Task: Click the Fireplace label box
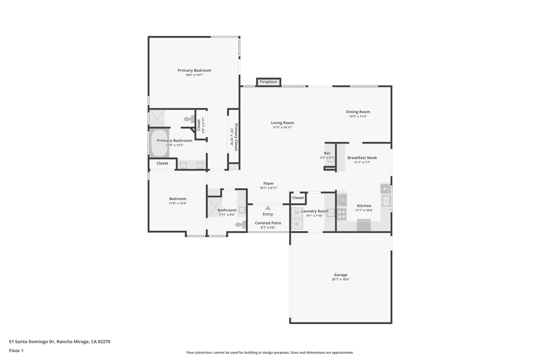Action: [x=268, y=82]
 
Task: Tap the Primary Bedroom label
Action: [x=194, y=70]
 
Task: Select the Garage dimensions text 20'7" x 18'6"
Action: [x=341, y=279]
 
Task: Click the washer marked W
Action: [x=297, y=213]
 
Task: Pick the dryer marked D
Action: [x=297, y=225]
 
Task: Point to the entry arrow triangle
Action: [x=268, y=208]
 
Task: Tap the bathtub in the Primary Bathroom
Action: [x=159, y=143]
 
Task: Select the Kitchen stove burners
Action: [x=342, y=214]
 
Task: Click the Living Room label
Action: [x=283, y=122]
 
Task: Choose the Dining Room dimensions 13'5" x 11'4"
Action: [x=358, y=116]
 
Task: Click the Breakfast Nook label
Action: [x=362, y=158]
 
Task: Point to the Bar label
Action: [x=327, y=153]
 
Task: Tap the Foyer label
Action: [x=268, y=183]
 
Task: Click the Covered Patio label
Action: [x=268, y=223]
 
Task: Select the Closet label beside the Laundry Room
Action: [x=298, y=198]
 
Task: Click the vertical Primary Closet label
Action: [x=236, y=137]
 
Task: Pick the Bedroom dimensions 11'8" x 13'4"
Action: [x=178, y=203]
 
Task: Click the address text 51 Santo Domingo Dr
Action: [x=32, y=342]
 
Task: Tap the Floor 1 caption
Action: [x=16, y=351]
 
